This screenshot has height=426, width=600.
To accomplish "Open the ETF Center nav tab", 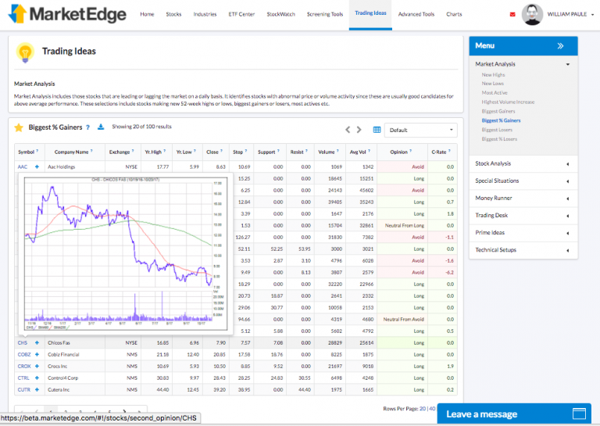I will [x=241, y=14].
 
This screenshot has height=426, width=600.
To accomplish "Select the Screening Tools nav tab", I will [x=324, y=14].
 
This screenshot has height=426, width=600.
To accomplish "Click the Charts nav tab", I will [x=454, y=14].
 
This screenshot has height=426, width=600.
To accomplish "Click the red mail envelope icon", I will [x=512, y=14].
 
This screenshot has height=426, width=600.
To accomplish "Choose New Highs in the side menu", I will [x=493, y=74].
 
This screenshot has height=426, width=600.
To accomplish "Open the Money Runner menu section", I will [x=494, y=198].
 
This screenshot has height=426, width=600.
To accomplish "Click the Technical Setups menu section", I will [x=495, y=250].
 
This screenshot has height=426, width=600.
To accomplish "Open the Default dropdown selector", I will [x=420, y=130].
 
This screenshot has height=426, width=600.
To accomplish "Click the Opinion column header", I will [x=398, y=152].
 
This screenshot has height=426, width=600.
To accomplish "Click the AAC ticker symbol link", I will [x=22, y=166].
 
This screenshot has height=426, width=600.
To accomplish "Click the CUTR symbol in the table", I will [x=23, y=389].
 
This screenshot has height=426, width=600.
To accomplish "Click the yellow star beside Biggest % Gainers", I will [x=19, y=127].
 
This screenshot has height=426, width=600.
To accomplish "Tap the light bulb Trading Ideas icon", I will [x=25, y=52].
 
